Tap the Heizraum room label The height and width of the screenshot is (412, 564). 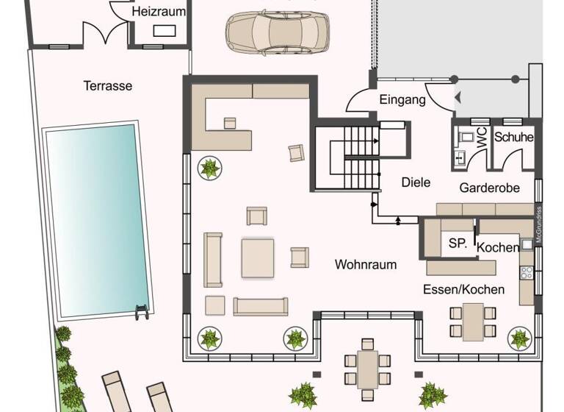pyautogui.click(x=159, y=12)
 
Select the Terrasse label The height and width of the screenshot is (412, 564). pyautogui.click(x=108, y=85)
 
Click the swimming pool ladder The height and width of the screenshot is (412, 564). pyautogui.click(x=142, y=310)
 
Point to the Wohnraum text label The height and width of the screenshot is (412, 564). pyautogui.click(x=366, y=264)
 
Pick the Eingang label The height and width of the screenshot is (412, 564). pyautogui.click(x=402, y=100)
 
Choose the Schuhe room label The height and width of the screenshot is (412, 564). pyautogui.click(x=513, y=137)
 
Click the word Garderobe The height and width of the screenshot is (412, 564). pyautogui.click(x=489, y=188)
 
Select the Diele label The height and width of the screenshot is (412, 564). pyautogui.click(x=416, y=182)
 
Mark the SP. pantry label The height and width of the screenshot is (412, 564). pyautogui.click(x=458, y=244)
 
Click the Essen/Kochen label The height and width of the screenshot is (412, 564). pyautogui.click(x=463, y=289)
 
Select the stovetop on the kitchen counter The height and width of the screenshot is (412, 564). pyautogui.click(x=527, y=273)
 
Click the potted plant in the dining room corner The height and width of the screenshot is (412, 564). pyautogui.click(x=519, y=338)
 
